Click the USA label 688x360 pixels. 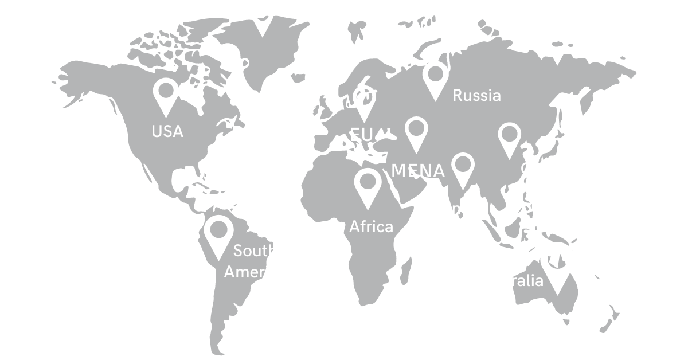coord(167,131)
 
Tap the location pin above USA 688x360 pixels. coord(166,94)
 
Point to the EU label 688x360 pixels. coord(361,135)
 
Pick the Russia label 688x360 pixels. coord(476,95)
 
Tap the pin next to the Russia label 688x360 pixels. coord(436,78)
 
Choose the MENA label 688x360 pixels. coord(418,170)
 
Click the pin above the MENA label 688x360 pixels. coord(417,131)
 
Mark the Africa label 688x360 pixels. coord(372,226)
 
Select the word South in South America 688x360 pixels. coord(255,251)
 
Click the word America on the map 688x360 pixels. coord(255,272)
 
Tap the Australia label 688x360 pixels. coord(510,281)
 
